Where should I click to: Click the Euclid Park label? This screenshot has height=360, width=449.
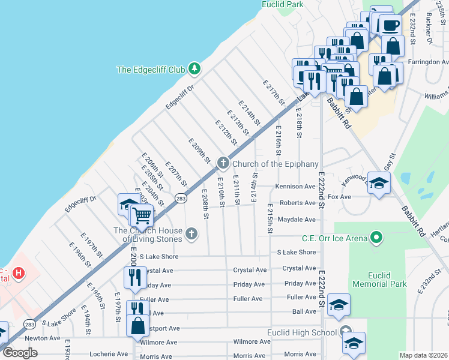(282, 4)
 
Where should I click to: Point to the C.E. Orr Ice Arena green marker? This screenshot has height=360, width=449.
(376, 238)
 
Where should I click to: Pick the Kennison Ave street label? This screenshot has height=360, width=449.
(295, 187)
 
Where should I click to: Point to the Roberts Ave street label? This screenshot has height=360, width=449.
(297, 203)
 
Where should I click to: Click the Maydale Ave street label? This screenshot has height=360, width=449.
(297, 220)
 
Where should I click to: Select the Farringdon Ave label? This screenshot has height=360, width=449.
(428, 62)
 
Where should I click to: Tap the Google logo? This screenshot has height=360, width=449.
(20, 353)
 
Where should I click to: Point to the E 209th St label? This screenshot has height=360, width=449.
(199, 151)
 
